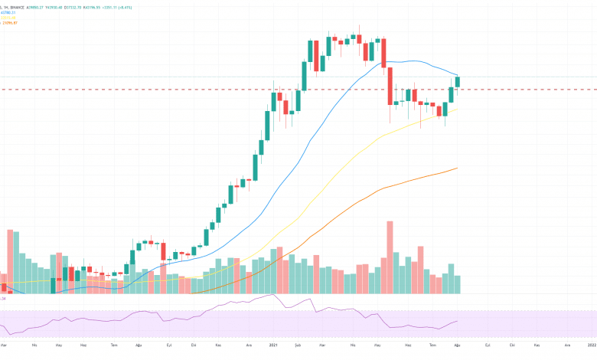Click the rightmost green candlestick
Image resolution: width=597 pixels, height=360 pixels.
coord(458,81)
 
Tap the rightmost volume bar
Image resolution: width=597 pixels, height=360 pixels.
coord(458,284)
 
